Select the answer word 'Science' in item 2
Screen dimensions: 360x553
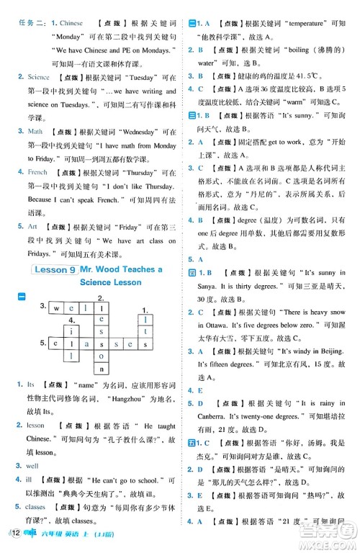tap(39, 77)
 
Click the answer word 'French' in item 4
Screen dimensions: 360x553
tap(37, 173)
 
